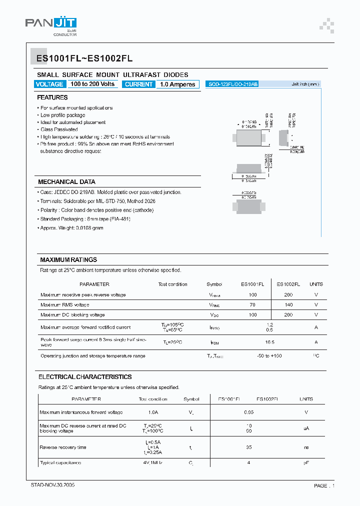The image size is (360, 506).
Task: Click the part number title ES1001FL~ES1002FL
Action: coord(84,58)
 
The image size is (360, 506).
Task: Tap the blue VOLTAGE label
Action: coord(49,84)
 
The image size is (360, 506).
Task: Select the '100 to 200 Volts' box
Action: coord(92,84)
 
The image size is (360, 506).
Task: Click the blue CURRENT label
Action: coord(138,84)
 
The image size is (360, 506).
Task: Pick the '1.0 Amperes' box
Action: coord(177,84)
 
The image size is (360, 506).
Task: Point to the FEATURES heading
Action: coord(52,97)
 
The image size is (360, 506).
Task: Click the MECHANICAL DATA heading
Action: coord(66,182)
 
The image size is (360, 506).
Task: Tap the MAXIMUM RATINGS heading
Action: coord(68,260)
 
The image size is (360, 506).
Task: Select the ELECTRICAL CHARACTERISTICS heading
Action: coord(85,377)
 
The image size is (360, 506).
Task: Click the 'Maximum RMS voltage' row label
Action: coord(65,305)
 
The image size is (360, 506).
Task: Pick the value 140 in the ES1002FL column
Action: coord(288,305)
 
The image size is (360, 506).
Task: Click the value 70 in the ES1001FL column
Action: coord(252,305)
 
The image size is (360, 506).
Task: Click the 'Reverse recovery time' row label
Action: coord(63,447)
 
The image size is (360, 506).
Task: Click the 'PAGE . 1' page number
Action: coord(324,486)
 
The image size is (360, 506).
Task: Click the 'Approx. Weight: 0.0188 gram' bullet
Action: coord(72,228)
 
